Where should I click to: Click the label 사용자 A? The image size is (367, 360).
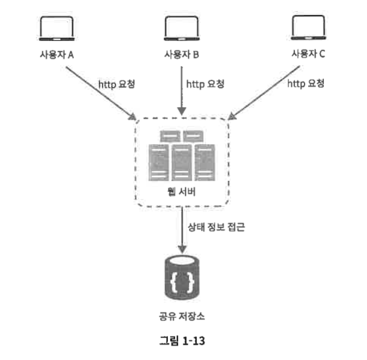point(57,55)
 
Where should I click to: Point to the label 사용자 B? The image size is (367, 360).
point(182,55)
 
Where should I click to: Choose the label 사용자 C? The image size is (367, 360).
point(308,55)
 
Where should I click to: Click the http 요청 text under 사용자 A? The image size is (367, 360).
point(117,84)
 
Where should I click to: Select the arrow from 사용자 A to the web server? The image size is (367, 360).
point(99,90)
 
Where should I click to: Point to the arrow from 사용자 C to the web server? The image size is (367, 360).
point(265,90)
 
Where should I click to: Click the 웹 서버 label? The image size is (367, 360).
point(182,191)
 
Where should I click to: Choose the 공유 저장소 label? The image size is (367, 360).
point(182,315)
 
